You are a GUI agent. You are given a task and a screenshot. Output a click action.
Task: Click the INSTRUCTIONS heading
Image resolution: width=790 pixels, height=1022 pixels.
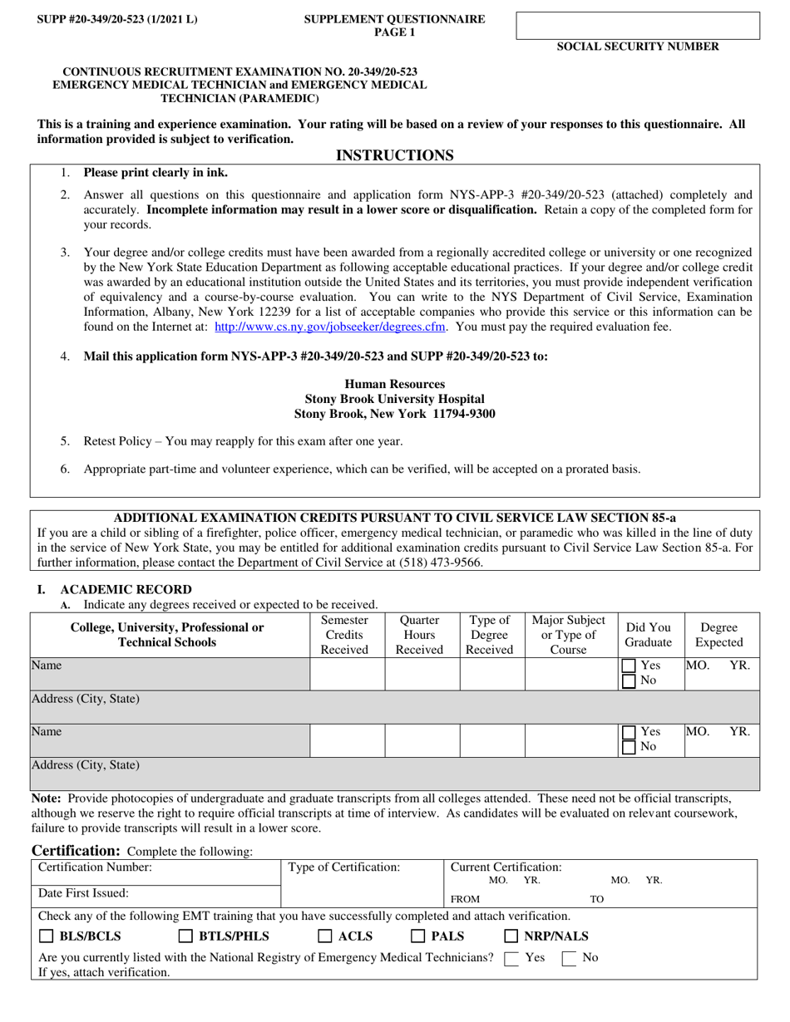point(394,155)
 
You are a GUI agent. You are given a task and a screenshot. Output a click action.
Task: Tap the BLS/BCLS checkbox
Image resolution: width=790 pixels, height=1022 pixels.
point(47,936)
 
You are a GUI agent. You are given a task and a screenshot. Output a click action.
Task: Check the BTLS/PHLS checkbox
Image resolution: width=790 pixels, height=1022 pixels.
point(186,936)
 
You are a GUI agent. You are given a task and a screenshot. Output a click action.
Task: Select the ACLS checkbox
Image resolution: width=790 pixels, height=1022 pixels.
point(326,936)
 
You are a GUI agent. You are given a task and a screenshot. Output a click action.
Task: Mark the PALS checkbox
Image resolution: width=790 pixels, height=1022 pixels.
point(420,936)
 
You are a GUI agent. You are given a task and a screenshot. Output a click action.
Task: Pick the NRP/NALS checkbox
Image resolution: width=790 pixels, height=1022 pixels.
point(512,936)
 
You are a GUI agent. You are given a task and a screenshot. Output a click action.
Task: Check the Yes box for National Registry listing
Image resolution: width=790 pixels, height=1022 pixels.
point(512,958)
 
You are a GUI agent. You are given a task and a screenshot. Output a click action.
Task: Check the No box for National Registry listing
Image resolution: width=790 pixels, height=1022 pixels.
point(570,958)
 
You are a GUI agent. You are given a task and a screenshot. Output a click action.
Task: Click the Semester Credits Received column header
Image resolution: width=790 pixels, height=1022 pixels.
point(344,635)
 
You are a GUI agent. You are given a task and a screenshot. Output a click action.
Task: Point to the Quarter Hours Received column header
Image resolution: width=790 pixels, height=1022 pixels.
point(419,635)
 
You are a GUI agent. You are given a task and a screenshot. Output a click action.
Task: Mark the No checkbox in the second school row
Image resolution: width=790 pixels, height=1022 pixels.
point(630,747)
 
